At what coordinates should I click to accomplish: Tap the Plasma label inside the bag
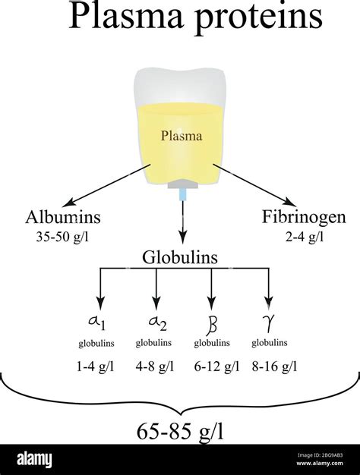[x=180, y=137]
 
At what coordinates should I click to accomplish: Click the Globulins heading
[x=180, y=258]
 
